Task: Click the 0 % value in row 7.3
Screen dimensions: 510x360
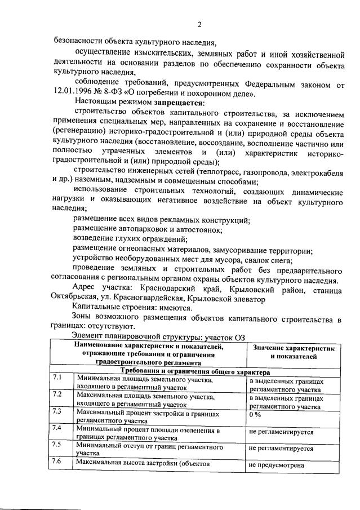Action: point(255,414)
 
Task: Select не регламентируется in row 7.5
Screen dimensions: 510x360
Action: point(281,449)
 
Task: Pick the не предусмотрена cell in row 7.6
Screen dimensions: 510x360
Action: point(276,465)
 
